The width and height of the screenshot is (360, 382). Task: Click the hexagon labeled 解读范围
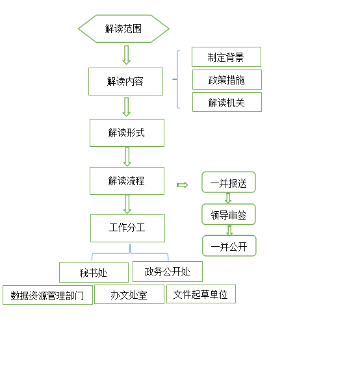click(x=123, y=29)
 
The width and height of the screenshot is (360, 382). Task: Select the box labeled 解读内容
click(x=125, y=81)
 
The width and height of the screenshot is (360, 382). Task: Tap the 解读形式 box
click(x=127, y=133)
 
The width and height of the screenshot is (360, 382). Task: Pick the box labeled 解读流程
click(x=127, y=181)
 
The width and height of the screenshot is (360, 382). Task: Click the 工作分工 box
click(x=127, y=228)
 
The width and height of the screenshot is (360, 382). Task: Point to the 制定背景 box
click(x=226, y=57)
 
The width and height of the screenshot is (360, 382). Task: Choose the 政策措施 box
click(x=227, y=80)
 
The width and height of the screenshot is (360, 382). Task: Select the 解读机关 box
click(x=227, y=102)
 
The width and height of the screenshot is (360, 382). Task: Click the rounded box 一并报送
click(x=229, y=182)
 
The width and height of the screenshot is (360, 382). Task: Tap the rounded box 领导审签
click(x=229, y=214)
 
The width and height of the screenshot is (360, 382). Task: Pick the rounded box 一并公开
click(x=229, y=246)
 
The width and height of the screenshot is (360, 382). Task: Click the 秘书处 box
click(x=94, y=272)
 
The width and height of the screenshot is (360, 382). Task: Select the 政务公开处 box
click(x=168, y=272)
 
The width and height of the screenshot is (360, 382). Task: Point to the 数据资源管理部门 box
click(x=47, y=295)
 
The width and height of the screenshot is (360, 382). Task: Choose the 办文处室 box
click(x=129, y=294)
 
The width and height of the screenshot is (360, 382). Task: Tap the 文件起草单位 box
click(x=201, y=294)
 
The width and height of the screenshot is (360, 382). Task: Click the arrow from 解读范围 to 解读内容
click(x=126, y=55)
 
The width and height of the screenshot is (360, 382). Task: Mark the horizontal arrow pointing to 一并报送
click(x=182, y=185)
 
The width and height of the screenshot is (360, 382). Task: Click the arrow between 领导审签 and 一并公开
click(x=229, y=231)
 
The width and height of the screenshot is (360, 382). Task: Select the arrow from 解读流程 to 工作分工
click(x=127, y=204)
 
